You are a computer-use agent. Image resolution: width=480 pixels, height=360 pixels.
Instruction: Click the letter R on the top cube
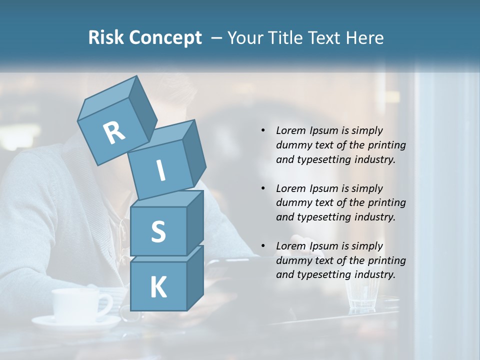(x=114, y=133)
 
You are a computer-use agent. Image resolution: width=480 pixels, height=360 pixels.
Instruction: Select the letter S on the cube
(x=158, y=231)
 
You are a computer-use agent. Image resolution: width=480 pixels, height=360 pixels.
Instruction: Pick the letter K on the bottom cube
(x=158, y=287)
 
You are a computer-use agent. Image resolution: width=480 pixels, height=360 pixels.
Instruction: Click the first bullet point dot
(x=263, y=130)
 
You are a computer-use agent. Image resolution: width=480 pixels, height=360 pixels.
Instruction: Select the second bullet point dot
(x=263, y=188)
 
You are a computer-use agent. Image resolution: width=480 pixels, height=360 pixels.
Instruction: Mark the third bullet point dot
(x=263, y=246)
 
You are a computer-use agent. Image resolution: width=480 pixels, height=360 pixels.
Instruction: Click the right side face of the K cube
(x=195, y=277)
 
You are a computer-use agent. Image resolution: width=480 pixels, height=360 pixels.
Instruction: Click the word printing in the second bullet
(x=387, y=203)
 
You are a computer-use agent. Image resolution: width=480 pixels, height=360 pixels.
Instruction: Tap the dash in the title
(x=216, y=38)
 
